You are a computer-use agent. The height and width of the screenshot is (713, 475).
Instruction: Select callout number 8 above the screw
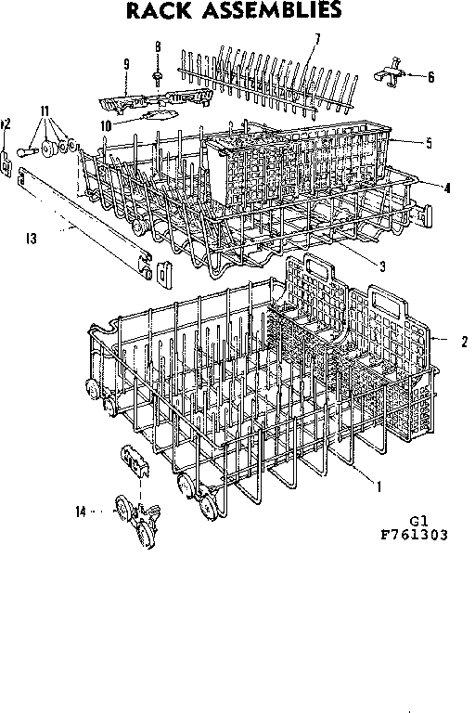[x=158, y=46]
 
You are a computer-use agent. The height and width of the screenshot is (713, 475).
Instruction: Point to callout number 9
[x=124, y=64]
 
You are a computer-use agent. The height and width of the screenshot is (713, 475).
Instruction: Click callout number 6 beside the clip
[x=430, y=78]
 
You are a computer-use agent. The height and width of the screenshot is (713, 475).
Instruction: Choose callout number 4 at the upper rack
[x=447, y=188]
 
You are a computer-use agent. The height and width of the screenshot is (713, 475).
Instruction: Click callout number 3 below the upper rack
[x=382, y=265]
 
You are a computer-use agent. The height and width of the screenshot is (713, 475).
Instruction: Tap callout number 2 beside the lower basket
[x=463, y=341]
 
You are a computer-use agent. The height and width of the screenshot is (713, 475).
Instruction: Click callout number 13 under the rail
[x=32, y=239]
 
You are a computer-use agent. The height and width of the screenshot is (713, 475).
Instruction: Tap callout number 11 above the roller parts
[x=44, y=110]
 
